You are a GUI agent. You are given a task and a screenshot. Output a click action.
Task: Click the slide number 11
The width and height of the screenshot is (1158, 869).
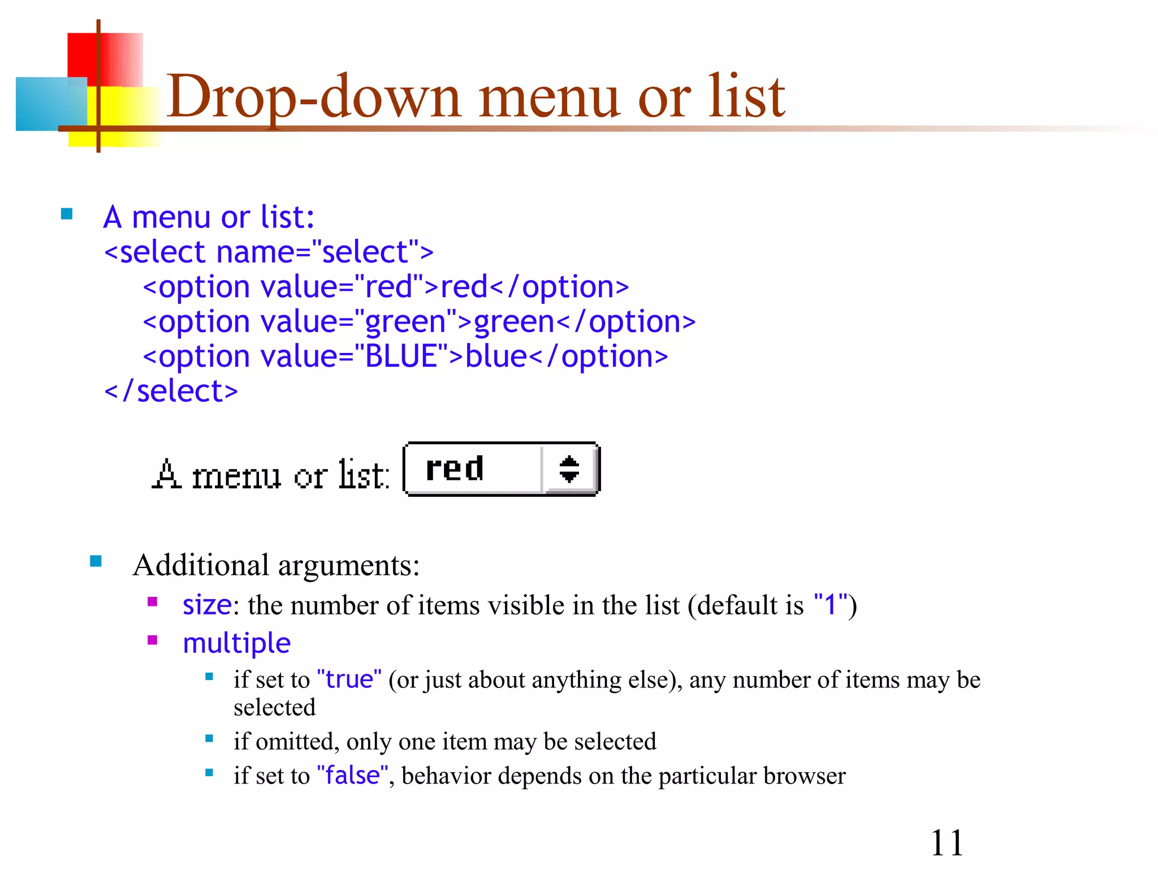point(947,843)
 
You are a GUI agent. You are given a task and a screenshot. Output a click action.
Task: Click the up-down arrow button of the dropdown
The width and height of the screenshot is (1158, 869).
point(569,469)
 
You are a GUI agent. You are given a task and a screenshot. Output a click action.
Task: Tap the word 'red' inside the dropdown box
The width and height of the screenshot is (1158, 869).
point(455,468)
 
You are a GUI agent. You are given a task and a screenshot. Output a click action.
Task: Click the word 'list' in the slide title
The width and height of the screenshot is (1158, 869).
point(746,97)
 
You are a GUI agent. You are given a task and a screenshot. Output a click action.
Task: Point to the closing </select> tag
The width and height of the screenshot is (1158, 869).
point(171,391)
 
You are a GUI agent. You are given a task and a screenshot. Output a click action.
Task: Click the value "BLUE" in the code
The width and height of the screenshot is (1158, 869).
point(401,356)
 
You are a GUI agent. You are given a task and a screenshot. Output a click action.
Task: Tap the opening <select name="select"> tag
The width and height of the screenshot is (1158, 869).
point(269,252)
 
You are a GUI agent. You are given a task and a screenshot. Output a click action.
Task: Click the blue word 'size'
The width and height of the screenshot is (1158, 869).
point(207,605)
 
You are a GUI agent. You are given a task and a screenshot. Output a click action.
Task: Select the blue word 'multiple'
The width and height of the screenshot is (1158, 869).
point(236,643)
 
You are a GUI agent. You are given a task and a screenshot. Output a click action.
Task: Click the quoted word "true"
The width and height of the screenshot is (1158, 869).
point(349,679)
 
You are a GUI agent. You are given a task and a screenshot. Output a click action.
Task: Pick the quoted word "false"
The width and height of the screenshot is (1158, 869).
point(352,775)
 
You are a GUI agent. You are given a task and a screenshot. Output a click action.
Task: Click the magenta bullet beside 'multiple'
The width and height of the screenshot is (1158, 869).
point(152,640)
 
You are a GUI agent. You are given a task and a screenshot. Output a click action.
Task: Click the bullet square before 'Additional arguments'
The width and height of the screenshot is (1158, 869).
point(96,561)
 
